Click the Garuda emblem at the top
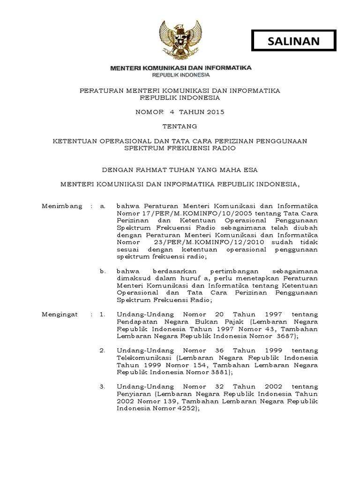coord(180,40)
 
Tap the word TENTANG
coord(180,126)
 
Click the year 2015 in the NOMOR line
coord(215,112)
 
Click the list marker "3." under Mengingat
coord(103,386)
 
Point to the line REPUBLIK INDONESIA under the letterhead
coord(180,75)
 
